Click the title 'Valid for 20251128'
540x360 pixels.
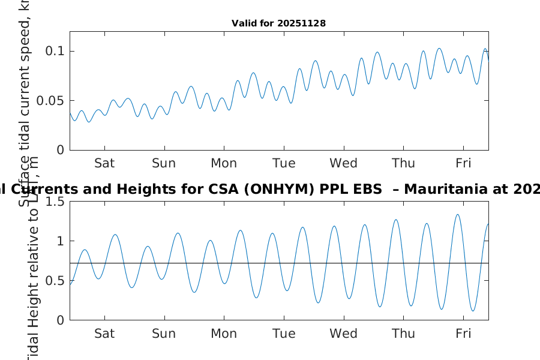click(x=278, y=23)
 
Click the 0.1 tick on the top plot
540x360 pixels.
click(x=56, y=51)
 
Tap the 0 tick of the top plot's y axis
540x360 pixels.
click(x=60, y=150)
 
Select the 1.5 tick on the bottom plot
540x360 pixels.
click(x=54, y=202)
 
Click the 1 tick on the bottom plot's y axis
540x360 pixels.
click(x=60, y=241)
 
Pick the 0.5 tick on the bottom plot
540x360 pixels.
click(x=54, y=281)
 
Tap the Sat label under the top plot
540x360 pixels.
click(x=104, y=163)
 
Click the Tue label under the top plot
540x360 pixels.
click(x=284, y=163)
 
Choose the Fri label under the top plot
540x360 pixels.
click(x=463, y=163)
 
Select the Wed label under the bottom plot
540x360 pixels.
click(x=344, y=334)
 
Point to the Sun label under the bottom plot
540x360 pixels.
click(x=164, y=334)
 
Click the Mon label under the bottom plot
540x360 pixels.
click(x=224, y=334)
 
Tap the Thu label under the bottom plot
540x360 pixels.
click(x=404, y=334)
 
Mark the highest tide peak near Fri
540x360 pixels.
click(x=458, y=215)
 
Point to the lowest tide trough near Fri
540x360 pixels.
click(x=473, y=311)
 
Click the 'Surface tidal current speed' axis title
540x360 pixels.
click(x=25, y=102)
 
